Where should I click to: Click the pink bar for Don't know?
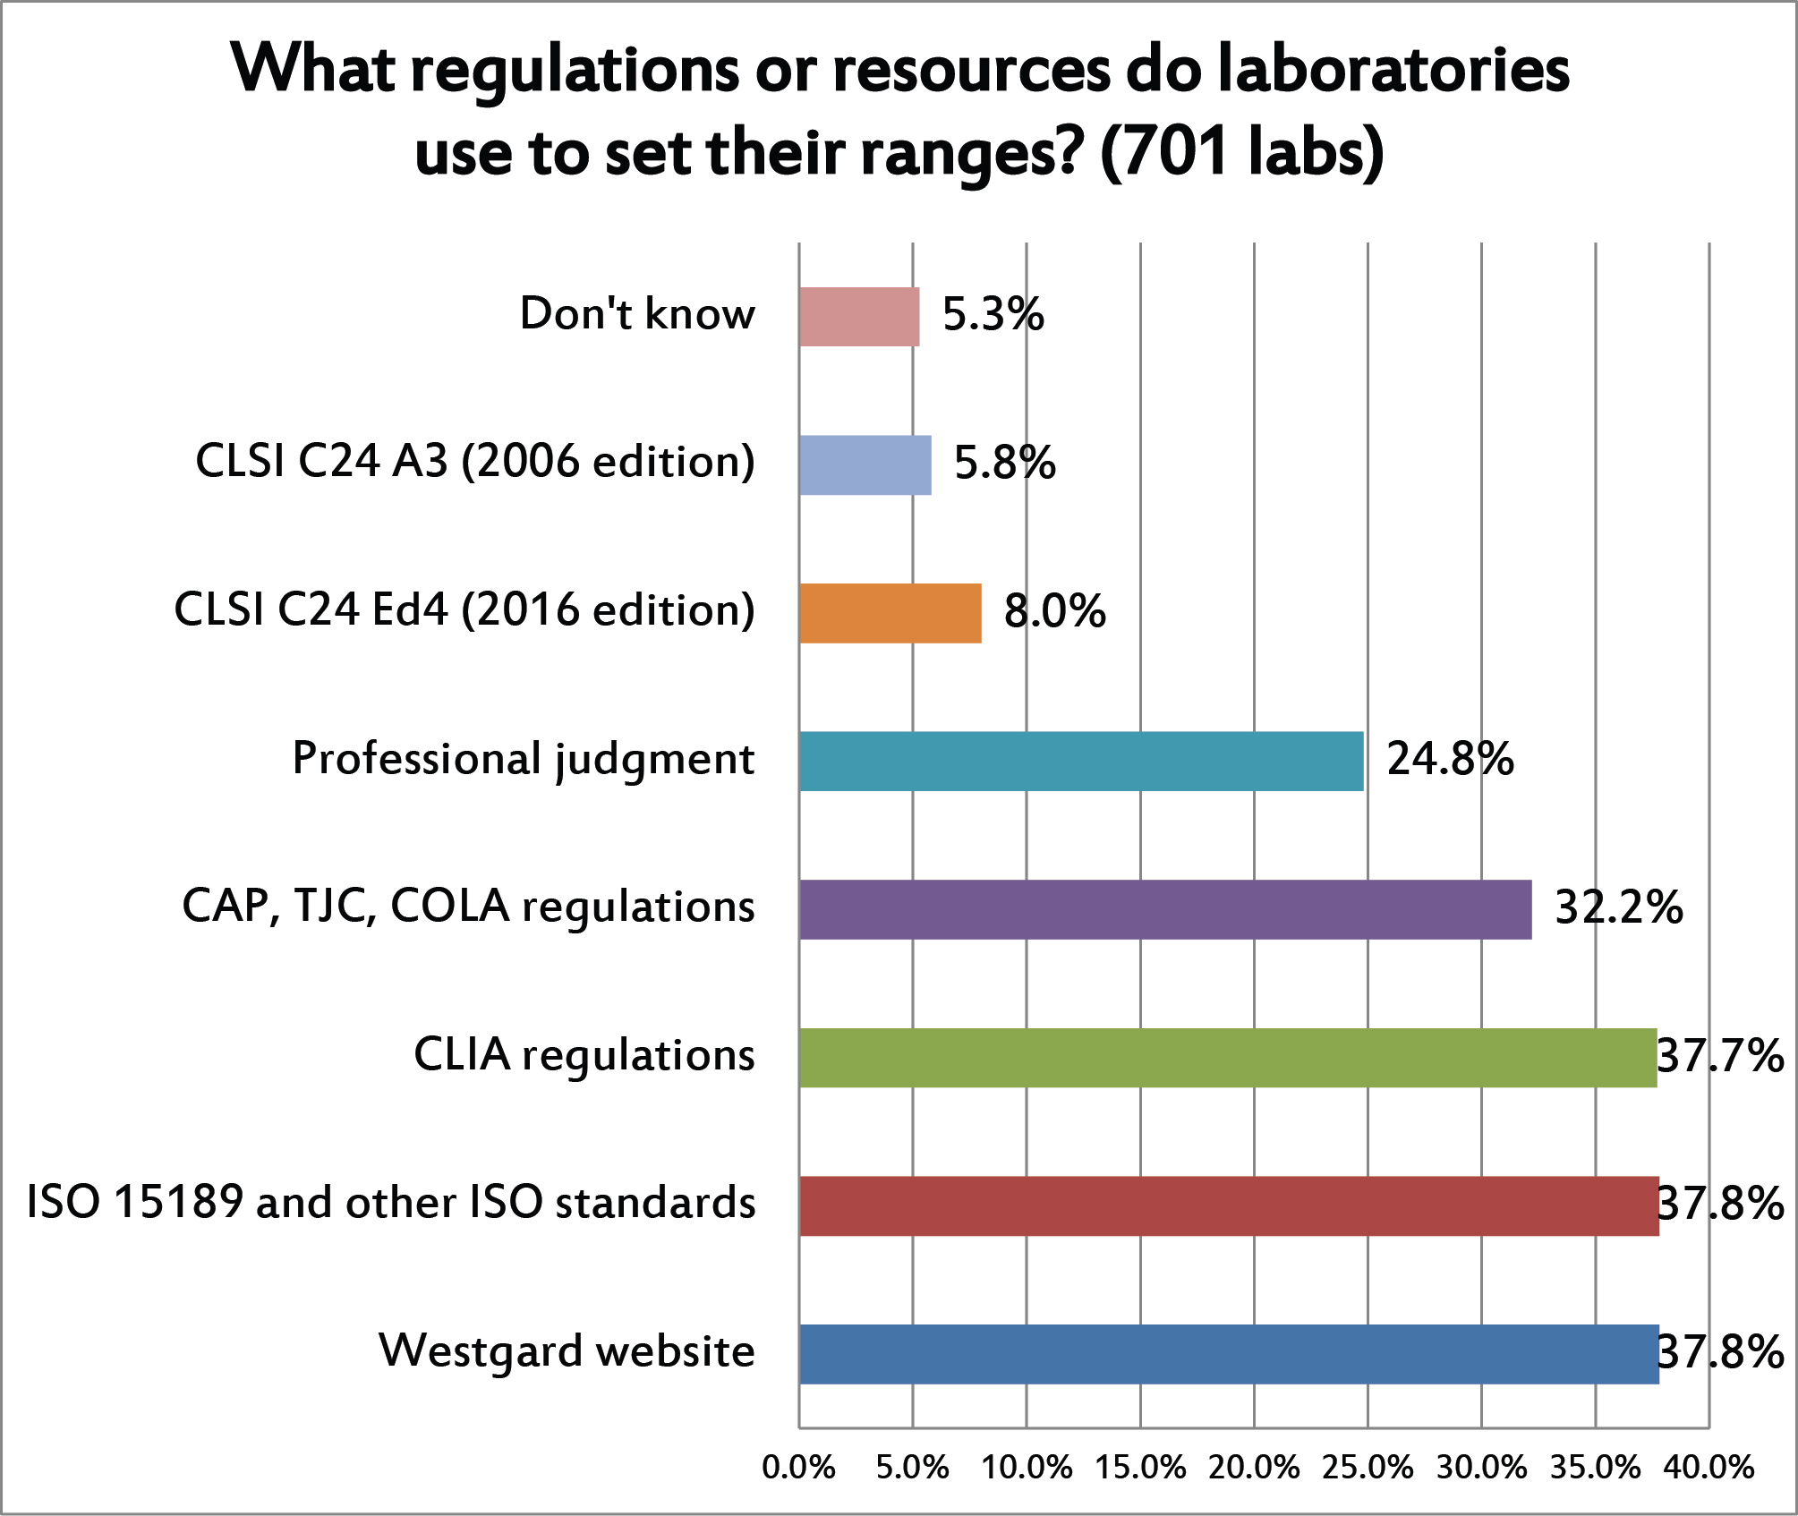[x=859, y=317]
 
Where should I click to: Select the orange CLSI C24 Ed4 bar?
[x=890, y=613]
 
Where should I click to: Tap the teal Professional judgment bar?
[x=1081, y=762]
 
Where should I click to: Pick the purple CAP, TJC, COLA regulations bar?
[x=1165, y=909]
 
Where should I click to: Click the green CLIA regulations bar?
[x=1228, y=1058]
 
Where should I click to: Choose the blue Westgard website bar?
[x=1229, y=1354]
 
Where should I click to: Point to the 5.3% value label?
[x=993, y=314]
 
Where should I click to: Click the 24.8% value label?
[x=1450, y=759]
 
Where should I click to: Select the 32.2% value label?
[x=1619, y=907]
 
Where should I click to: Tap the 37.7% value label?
[x=1720, y=1056]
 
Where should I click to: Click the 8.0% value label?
[x=1054, y=611]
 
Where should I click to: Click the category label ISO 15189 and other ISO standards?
[x=391, y=1202]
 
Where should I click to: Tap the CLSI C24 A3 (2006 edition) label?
[x=475, y=462]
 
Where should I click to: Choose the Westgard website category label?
[x=567, y=1350]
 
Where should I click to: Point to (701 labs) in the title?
[x=1242, y=152]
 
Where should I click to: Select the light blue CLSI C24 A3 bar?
[x=865, y=465]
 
